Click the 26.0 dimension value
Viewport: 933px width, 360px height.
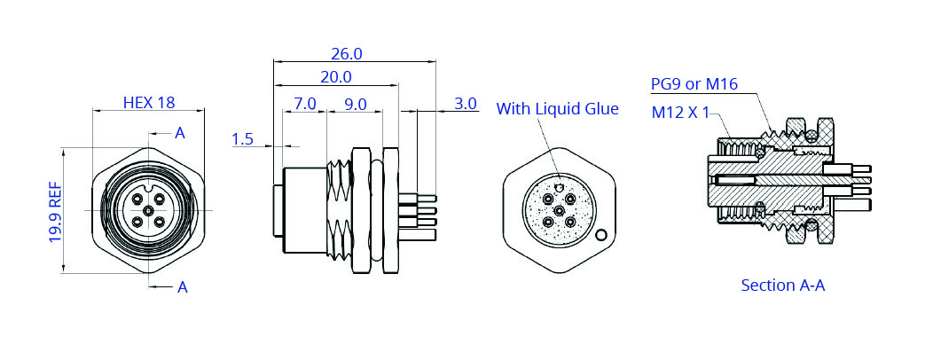[346, 53]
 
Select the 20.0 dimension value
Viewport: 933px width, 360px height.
[336, 77]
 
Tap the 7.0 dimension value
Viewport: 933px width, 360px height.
[305, 104]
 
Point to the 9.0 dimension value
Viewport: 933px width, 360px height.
[356, 104]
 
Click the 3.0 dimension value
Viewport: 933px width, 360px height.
[466, 104]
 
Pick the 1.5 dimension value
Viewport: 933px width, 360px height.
[242, 139]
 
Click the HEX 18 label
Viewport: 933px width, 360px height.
[149, 102]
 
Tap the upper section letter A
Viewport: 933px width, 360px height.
[180, 133]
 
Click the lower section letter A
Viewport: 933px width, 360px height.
[183, 287]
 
